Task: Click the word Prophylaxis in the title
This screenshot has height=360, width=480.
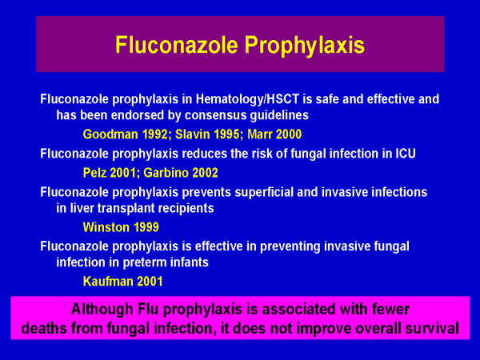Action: (305, 46)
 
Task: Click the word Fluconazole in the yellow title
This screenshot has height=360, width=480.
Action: (177, 44)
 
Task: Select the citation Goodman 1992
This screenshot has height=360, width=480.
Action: (126, 134)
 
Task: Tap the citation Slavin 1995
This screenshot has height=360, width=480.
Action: (209, 134)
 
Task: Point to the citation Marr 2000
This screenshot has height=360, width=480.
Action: (274, 134)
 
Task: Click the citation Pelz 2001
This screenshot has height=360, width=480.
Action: (110, 173)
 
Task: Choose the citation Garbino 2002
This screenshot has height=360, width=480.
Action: (181, 173)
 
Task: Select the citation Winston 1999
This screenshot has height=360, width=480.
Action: (121, 227)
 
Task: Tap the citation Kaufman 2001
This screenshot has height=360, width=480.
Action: (122, 282)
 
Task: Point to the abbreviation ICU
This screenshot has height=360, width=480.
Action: (406, 154)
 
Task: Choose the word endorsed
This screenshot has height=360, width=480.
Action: (138, 115)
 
